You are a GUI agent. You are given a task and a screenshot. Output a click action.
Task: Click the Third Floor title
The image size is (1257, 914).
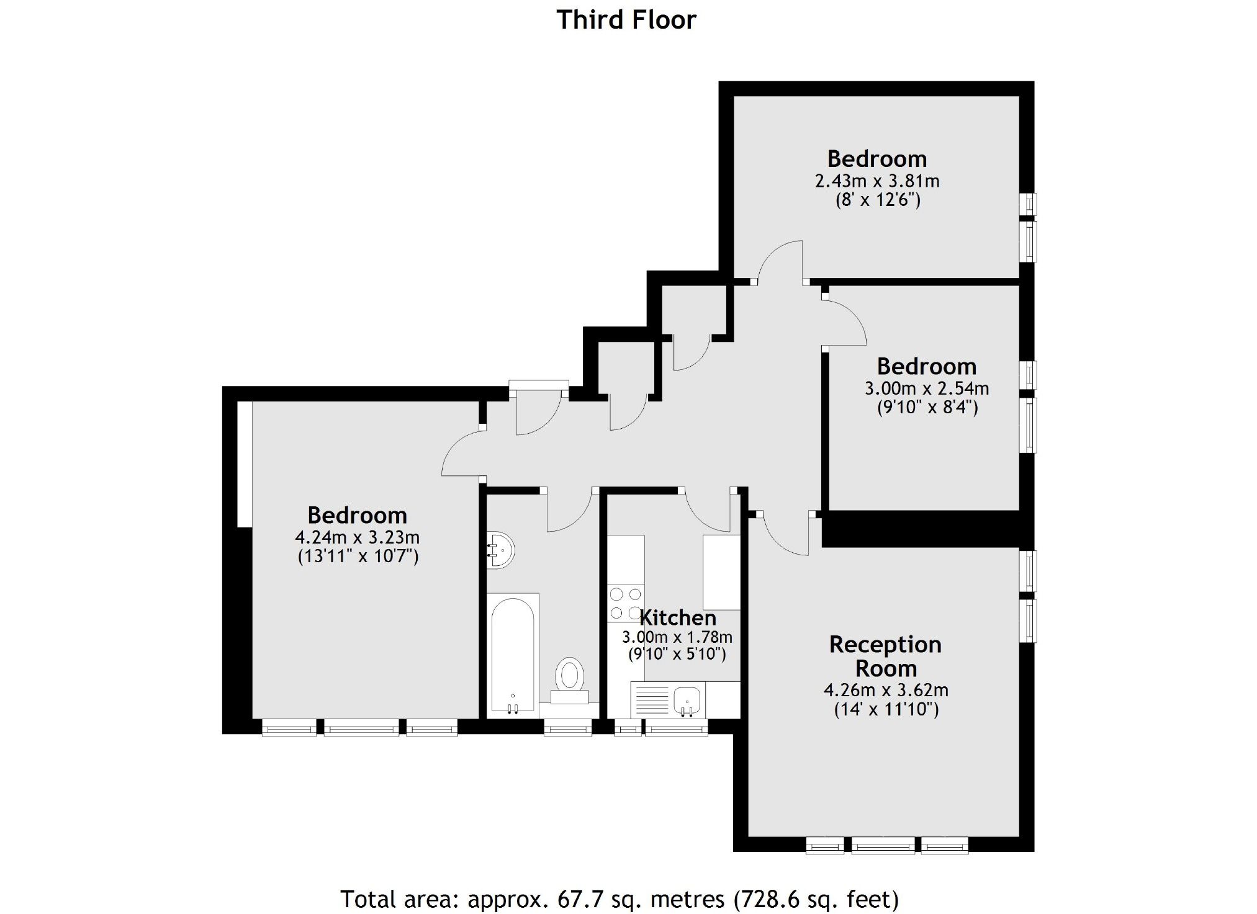[x=626, y=20]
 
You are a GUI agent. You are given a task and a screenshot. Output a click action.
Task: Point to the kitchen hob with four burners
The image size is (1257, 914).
[x=625, y=604]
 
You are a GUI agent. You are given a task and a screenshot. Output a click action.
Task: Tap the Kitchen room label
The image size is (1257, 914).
[x=678, y=617]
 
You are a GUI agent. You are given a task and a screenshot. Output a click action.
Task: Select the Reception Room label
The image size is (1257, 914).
[x=885, y=656]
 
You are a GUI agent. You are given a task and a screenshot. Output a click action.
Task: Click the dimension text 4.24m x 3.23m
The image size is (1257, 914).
[x=357, y=537]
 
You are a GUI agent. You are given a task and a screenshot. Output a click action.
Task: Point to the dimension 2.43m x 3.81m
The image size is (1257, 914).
[x=876, y=181]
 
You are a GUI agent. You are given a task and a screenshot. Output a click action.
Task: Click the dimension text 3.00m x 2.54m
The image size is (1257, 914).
[x=926, y=388]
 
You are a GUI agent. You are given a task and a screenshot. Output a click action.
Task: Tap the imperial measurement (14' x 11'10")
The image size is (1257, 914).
[x=886, y=709]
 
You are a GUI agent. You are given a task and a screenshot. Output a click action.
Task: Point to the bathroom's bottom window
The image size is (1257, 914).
[x=567, y=727]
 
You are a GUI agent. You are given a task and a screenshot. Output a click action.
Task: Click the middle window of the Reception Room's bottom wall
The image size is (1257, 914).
[x=883, y=845]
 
